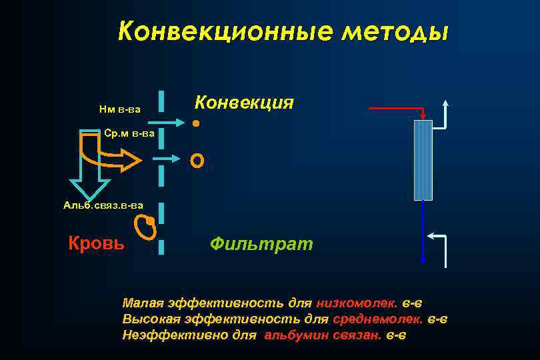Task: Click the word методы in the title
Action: [393, 32]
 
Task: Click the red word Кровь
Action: [96, 243]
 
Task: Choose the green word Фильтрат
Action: [261, 243]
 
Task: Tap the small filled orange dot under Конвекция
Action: [195, 123]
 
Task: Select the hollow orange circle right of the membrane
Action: [197, 160]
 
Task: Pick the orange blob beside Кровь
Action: [145, 227]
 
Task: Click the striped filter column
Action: [423, 160]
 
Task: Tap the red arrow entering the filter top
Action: [397, 108]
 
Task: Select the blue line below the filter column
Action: [423, 230]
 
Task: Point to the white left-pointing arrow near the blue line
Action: [437, 236]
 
